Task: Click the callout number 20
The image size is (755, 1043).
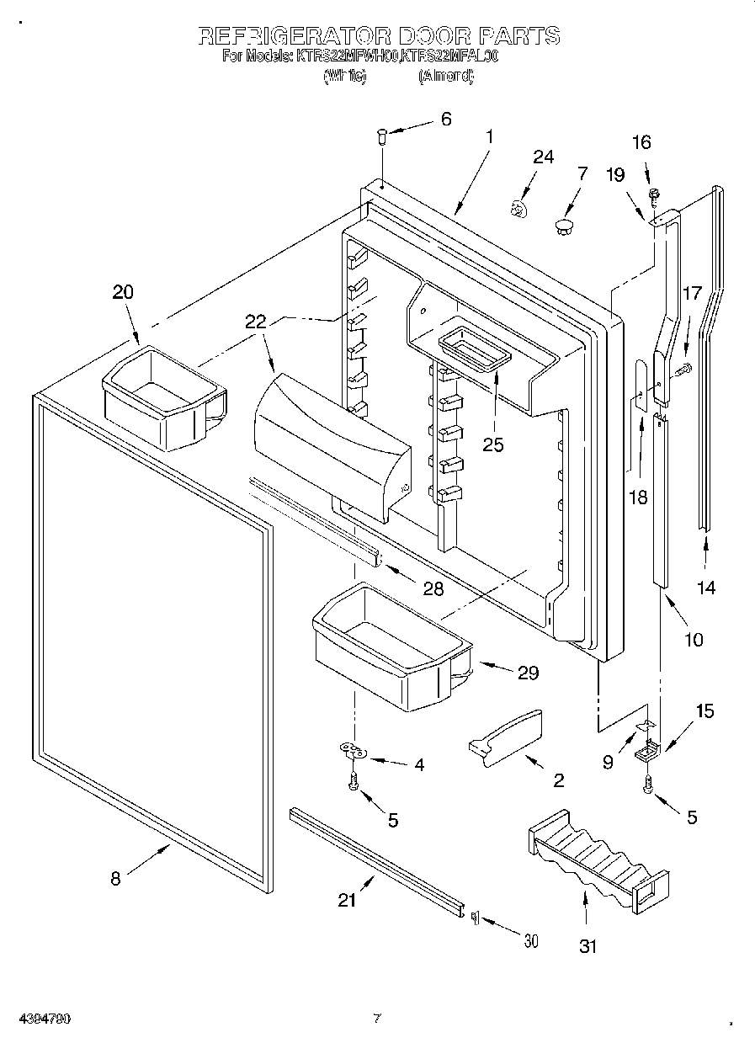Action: [123, 293]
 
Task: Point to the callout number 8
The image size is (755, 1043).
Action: [115, 879]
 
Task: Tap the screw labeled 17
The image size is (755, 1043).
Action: [681, 367]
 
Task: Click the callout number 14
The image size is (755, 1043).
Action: [707, 588]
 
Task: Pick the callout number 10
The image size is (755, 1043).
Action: [693, 639]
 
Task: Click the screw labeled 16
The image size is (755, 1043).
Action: [652, 196]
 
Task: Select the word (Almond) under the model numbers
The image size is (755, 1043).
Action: [445, 76]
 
